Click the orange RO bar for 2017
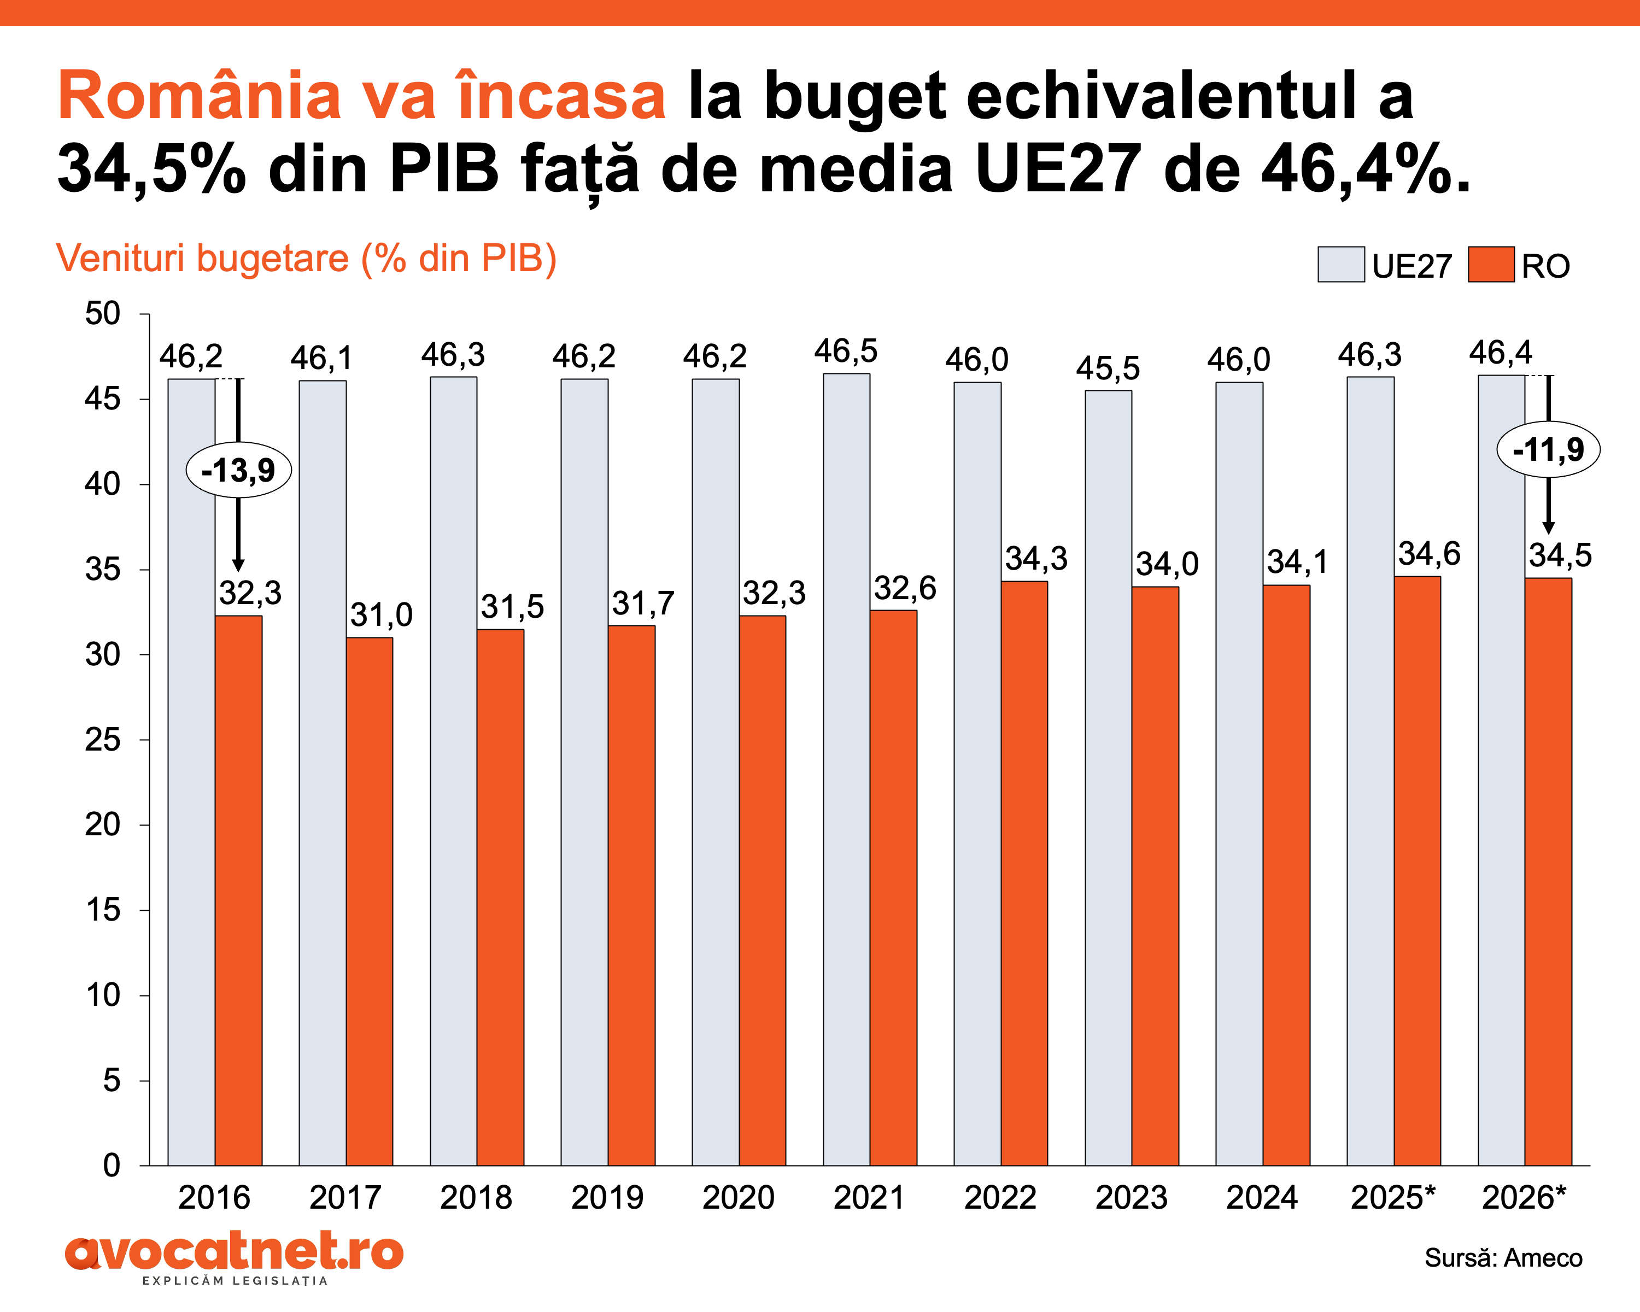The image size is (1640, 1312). point(370,901)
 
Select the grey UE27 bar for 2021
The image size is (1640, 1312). point(846,768)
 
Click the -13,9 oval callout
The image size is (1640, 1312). point(239,470)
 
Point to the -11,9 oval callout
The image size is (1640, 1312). point(1548,449)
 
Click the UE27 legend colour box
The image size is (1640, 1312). point(1340,265)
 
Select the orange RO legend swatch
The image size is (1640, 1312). point(1491,265)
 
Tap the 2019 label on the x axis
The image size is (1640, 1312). point(607,1198)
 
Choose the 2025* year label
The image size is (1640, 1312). point(1392,1198)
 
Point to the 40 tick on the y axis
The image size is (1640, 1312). point(103,484)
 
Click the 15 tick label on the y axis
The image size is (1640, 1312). point(103,910)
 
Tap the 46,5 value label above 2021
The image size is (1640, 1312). point(845,352)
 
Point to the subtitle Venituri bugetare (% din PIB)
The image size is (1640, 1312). point(307,259)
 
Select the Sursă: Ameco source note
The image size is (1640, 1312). point(1503,1258)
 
